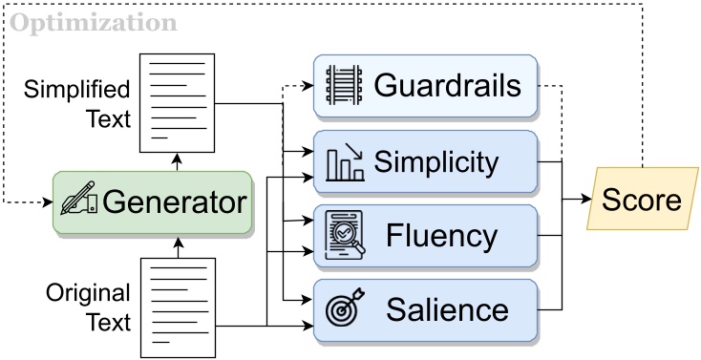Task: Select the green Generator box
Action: pyautogui.click(x=152, y=202)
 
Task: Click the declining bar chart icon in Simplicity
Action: pyautogui.click(x=345, y=161)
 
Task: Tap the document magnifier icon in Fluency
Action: pyautogui.click(x=345, y=236)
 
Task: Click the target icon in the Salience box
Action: pyautogui.click(x=345, y=310)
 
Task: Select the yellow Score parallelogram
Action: pyautogui.click(x=641, y=200)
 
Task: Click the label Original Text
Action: pyautogui.click(x=88, y=307)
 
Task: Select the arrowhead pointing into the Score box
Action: pyautogui.click(x=586, y=200)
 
